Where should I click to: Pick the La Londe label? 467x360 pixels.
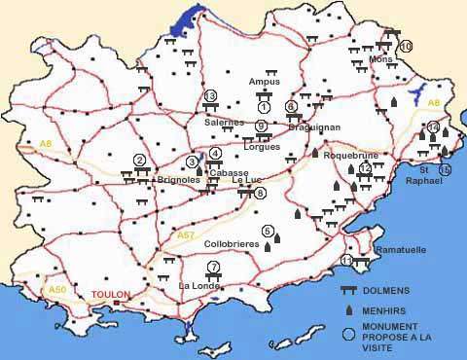200,285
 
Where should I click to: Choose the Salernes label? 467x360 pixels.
225,123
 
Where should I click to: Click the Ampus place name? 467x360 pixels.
265,82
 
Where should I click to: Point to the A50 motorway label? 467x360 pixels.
57,289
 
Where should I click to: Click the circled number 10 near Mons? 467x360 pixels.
406,46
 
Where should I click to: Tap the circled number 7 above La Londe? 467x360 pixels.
214,267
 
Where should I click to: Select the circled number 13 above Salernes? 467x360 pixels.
210,95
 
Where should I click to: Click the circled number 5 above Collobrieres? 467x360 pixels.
268,230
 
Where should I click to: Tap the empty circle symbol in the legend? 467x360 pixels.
347,334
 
